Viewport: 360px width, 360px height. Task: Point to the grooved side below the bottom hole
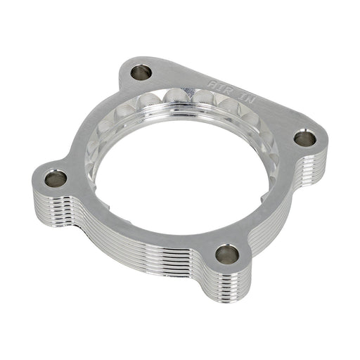pyautogui.click(x=225, y=285)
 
